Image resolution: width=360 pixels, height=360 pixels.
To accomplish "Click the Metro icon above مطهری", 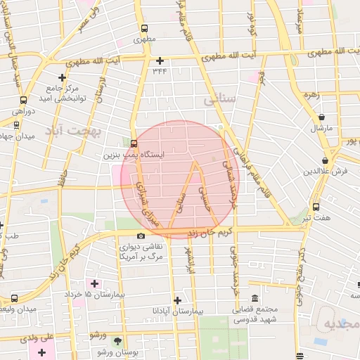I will click(144, 30).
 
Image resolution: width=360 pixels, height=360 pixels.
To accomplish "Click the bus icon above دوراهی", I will click(23, 100).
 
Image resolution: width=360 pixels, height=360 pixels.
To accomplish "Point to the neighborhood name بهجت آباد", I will click(73, 131).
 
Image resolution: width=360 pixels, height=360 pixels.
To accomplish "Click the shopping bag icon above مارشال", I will click(321, 117).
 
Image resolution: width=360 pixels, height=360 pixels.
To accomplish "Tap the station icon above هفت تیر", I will click(316, 207).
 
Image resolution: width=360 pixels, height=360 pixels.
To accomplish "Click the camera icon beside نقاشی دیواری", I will click(141, 236).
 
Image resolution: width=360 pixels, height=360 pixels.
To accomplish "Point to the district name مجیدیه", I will click(340, 323).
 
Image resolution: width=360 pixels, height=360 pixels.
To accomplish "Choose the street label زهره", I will click(311, 93).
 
